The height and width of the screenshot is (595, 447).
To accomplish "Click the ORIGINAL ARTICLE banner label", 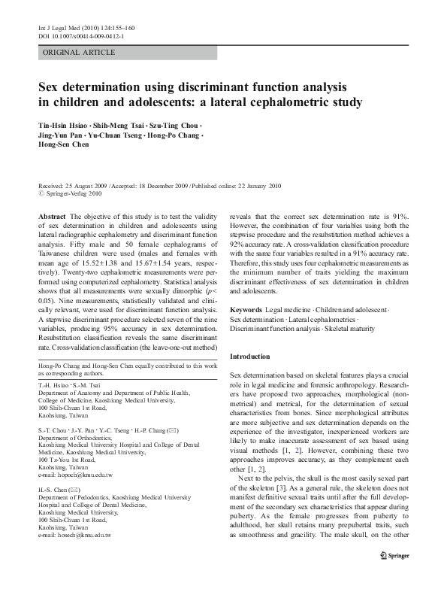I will pyautogui.click(x=80, y=53).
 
